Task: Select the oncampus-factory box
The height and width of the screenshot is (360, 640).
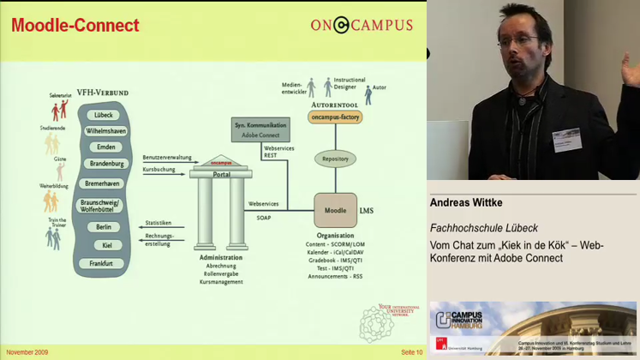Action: point(335,117)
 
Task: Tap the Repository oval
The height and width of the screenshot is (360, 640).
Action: point(335,159)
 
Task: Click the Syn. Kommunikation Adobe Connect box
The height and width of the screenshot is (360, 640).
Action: point(260,129)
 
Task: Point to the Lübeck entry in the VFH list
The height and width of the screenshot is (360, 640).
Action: point(105,115)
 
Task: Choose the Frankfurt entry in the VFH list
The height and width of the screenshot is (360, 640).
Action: point(103,263)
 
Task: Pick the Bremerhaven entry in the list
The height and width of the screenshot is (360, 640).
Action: point(103,183)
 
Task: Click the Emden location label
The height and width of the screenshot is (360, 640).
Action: point(105,147)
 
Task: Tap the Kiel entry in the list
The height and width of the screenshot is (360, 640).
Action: point(106,245)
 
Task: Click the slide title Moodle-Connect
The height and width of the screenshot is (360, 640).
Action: point(75,26)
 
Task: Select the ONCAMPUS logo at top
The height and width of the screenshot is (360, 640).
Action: point(362,25)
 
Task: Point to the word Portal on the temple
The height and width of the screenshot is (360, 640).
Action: point(222,173)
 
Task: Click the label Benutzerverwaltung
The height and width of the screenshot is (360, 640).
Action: point(167,158)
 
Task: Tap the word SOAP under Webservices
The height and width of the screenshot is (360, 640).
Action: point(263,218)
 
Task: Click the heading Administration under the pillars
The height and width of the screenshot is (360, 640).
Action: point(221,257)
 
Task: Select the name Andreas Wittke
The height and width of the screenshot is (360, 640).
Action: point(466,203)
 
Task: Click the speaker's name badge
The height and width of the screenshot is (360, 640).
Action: point(567,141)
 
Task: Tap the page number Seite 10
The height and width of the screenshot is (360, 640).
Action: point(411,352)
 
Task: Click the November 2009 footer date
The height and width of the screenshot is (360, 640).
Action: point(27,352)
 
